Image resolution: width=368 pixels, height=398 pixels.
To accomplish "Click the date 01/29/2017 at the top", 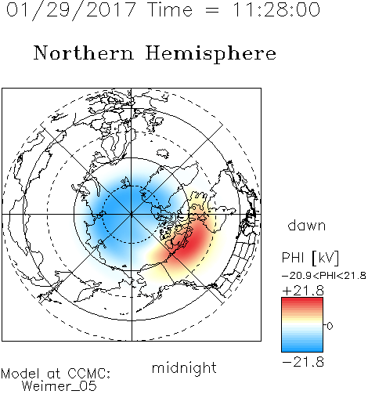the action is point(71,10).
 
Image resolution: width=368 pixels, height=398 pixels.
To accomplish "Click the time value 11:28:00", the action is point(276,9).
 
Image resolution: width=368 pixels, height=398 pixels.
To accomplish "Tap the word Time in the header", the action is point(170,9).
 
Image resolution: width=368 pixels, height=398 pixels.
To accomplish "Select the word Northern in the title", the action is point(84,52).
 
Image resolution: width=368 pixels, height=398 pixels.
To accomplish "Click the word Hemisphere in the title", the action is point(211,54).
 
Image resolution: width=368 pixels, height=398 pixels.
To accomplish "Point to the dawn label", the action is point(307,225).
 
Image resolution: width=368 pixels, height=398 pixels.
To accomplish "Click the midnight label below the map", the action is point(184,367).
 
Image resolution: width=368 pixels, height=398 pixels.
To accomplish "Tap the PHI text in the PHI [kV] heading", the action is point(293,258).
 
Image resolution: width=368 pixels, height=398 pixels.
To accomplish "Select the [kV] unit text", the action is point(326,258).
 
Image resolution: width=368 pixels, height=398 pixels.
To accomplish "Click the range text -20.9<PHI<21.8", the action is point(324,276).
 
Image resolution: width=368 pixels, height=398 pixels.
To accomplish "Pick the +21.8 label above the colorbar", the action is point(303,291).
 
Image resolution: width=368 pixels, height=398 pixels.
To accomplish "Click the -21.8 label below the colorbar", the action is point(303,362).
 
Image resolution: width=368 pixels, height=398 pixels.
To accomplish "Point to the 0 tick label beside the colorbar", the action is point(330,326).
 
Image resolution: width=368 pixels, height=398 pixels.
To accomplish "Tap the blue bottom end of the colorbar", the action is point(302,349).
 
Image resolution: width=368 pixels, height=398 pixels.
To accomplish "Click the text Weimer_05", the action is point(60,386).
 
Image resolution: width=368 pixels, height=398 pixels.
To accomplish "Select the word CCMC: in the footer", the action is point(89,374).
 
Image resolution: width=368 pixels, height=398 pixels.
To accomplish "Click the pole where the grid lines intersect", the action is point(132,215).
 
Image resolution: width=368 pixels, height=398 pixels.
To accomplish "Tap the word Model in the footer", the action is point(20,374).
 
